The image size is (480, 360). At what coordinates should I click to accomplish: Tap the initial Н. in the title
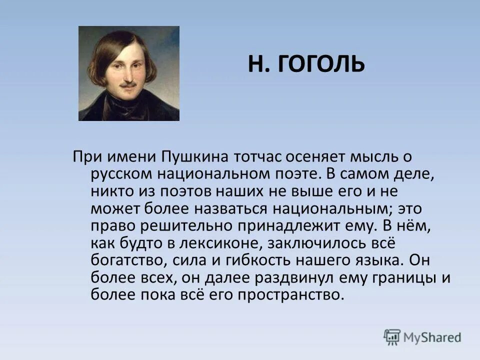click(x=258, y=65)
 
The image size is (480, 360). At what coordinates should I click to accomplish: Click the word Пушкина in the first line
click(x=195, y=157)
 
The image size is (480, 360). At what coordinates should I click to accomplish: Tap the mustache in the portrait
click(x=128, y=84)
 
